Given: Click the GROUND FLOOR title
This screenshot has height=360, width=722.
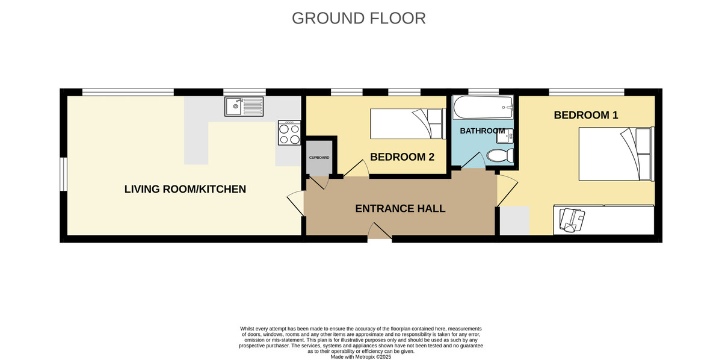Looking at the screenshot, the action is (x=359, y=19).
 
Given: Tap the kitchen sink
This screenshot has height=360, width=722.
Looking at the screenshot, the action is (x=244, y=107).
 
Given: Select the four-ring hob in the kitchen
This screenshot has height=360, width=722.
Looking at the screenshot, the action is (x=289, y=132).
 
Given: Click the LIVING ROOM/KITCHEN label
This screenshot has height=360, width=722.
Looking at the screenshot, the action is (x=185, y=189).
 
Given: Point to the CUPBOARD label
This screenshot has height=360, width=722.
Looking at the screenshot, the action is (x=319, y=158).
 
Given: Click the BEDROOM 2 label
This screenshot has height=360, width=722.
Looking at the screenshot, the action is (x=402, y=157).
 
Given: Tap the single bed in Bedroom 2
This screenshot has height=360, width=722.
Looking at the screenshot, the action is (x=408, y=124).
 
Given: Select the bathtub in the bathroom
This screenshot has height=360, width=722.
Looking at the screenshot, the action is (x=483, y=107).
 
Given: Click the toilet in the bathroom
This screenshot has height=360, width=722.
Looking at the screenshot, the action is (x=500, y=155).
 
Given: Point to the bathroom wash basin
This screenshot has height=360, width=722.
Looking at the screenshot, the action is (x=505, y=136).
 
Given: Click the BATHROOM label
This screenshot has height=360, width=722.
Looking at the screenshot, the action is (x=482, y=131).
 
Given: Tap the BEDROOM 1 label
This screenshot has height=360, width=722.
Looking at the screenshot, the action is (x=586, y=115).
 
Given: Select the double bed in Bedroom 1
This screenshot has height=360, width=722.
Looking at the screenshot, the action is (x=616, y=154).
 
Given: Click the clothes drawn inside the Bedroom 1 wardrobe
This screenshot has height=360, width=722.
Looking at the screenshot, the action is (x=572, y=220).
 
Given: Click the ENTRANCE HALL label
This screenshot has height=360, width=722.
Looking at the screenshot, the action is (x=400, y=209).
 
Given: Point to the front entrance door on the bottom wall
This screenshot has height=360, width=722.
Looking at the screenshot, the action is (x=380, y=231).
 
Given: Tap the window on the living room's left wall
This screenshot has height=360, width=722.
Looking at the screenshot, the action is (x=64, y=174).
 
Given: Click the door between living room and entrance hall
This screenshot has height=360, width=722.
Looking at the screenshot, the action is (x=295, y=203).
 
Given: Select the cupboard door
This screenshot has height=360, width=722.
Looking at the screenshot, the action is (x=318, y=182).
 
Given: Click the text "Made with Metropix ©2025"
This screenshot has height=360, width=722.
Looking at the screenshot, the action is (x=360, y=357).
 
